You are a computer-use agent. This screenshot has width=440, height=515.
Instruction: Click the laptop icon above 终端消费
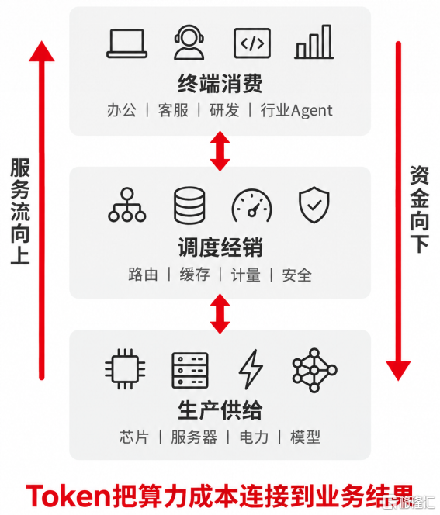point(126,43)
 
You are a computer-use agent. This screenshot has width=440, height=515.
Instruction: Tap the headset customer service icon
point(189,43)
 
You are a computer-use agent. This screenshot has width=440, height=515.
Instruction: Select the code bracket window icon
point(252,43)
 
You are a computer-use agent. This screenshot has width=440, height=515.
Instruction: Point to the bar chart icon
point(314,42)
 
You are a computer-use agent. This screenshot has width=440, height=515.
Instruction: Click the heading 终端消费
point(220,84)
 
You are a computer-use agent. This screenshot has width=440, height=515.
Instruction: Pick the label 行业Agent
point(296,110)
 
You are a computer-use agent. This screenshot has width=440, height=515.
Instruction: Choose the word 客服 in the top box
point(173,110)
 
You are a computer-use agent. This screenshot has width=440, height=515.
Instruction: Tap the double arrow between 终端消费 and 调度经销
point(220,151)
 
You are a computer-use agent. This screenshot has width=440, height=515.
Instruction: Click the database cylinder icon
point(189,206)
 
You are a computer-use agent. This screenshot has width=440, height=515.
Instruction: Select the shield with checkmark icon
point(314,205)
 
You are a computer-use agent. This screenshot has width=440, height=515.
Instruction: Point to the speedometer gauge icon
point(251,206)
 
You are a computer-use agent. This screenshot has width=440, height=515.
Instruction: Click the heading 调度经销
point(220,247)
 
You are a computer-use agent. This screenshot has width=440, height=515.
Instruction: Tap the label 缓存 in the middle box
point(195,275)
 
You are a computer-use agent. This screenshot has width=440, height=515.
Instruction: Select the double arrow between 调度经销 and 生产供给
point(220,313)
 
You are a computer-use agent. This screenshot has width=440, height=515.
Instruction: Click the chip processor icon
point(125,369)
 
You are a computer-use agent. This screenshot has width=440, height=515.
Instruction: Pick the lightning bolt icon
point(251,369)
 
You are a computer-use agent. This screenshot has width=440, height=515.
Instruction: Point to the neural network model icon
point(314,370)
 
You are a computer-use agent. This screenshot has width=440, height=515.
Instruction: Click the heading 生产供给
point(220,410)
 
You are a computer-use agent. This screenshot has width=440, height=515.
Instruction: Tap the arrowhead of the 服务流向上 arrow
point(42,51)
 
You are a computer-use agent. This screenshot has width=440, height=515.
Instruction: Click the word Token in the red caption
point(68,496)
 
